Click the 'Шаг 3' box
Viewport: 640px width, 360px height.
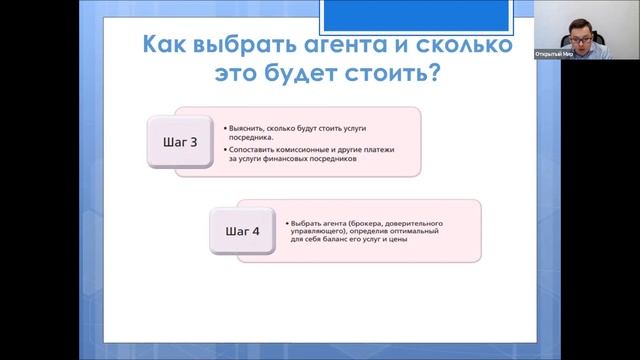pos(180,142)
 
